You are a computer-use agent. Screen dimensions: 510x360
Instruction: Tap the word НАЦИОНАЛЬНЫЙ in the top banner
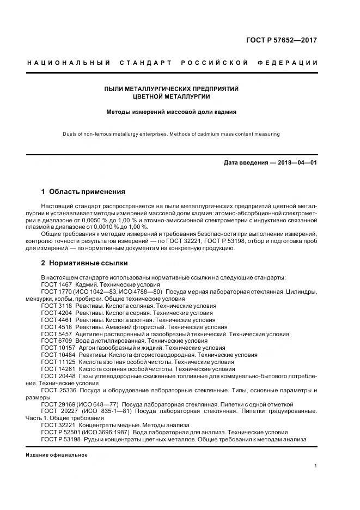pos(69,63)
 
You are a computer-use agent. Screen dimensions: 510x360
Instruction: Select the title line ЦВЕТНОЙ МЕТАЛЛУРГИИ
pos(172,96)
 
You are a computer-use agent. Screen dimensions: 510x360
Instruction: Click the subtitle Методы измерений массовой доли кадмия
pos(172,113)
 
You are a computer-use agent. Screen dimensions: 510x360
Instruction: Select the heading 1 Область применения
pos(83,192)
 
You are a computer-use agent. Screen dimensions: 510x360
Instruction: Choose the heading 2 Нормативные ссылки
pos(84,263)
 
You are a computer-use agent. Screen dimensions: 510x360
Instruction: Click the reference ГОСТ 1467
pos(56,285)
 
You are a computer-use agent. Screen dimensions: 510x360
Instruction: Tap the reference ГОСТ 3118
pos(56,306)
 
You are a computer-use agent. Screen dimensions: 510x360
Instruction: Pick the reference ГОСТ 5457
pos(56,334)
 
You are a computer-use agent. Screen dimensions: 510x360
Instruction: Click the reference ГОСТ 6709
pos(56,341)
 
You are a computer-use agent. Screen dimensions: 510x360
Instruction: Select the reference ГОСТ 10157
pos(58,348)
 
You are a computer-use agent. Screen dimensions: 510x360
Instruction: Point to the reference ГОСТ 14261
pos(58,369)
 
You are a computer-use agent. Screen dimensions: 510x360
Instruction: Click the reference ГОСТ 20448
pos(58,376)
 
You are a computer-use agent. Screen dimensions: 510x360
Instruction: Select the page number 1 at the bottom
pos(316,466)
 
